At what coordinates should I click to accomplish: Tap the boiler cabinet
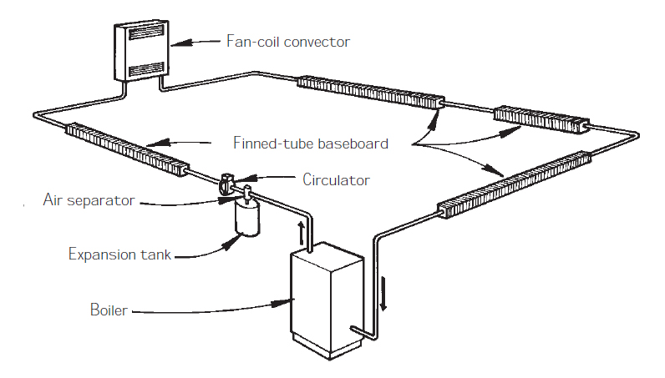coord(326,300)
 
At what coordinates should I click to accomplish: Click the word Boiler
coord(109,310)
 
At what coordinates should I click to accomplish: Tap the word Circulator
coord(336,179)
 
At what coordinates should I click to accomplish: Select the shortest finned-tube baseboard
coord(542,119)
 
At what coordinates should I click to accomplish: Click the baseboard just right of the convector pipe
coord(371,92)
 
